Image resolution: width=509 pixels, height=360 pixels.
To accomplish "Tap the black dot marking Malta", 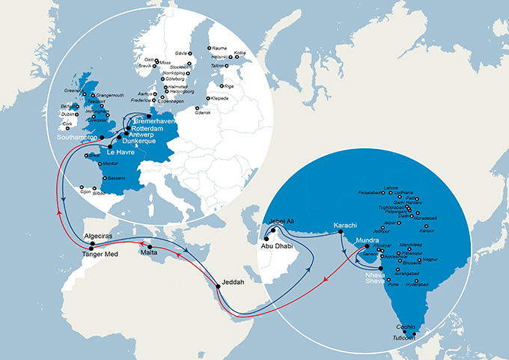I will click(151, 247).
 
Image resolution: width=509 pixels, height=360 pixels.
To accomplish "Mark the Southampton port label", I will click(82, 138).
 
